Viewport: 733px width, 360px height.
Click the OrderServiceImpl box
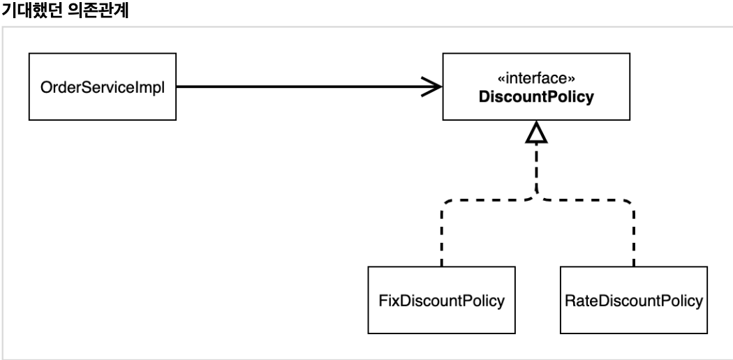coord(103,87)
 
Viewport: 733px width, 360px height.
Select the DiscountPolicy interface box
coord(536,86)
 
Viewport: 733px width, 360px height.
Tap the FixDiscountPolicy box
coord(441,300)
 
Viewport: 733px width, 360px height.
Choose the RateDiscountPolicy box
coord(633,300)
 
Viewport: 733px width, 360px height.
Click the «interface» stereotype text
coord(535,78)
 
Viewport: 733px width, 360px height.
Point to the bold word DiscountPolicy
coord(535,97)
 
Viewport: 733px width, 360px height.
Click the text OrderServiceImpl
coord(103,87)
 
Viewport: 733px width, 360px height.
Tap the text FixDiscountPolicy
coord(441,301)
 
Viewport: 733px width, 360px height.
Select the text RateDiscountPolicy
coord(633,301)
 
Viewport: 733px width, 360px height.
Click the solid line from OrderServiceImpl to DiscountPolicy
coord(309,87)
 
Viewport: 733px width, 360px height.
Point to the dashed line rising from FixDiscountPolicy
coord(441,234)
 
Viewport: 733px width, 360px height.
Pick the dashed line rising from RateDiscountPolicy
coord(634,234)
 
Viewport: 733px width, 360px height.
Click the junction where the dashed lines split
coord(536,195)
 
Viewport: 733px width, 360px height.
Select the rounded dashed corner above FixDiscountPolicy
coord(445,204)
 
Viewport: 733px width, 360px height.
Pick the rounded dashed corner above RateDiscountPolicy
coord(630,204)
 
